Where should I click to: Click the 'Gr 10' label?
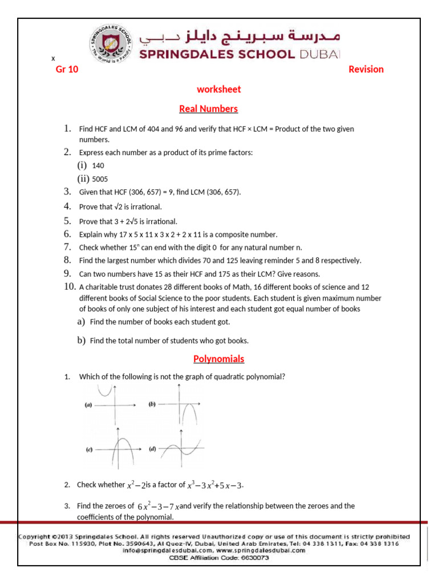coord(66,70)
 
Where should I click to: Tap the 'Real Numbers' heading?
coord(208,109)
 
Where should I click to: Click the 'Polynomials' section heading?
coord(218,359)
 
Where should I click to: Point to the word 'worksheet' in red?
coord(218,90)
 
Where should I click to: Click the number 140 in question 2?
coord(98,166)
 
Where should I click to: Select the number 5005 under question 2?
coord(100,179)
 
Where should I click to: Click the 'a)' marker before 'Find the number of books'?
coord(81,322)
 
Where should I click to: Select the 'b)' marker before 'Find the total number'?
coord(81,341)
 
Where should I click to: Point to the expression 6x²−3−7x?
coord(158,506)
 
